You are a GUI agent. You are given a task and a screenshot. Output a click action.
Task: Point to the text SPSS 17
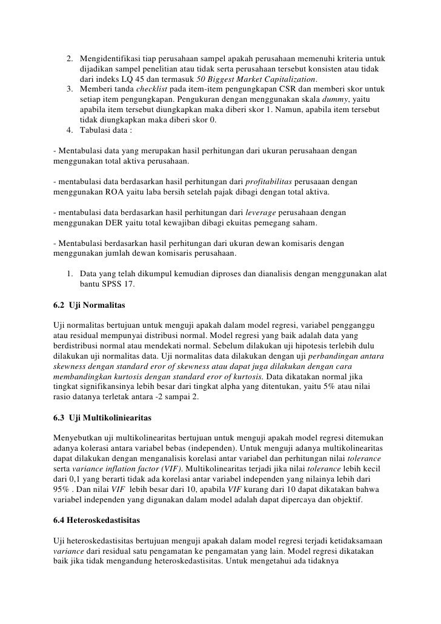120,284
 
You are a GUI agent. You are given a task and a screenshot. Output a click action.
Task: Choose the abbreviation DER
116,224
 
